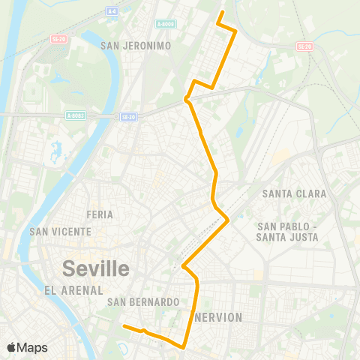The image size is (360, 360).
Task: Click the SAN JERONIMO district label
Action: click(136, 46)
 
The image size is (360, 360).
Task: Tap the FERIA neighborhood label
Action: click(100, 214)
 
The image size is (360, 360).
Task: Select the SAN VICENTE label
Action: click(60, 232)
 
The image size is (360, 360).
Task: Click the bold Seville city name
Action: click(96, 268)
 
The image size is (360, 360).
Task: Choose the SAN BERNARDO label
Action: click(142, 302)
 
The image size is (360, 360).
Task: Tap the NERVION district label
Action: click(218, 317)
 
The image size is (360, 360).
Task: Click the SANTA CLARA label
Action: click(294, 193)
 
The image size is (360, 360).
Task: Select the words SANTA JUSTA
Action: click(287, 237)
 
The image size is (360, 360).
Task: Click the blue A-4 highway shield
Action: click(112, 11)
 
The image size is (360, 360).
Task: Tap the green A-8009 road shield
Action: click(166, 24)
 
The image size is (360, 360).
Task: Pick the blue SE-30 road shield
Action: click(128, 116)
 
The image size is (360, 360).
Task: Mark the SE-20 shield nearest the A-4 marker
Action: click(58, 37)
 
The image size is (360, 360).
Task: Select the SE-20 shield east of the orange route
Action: click(304, 46)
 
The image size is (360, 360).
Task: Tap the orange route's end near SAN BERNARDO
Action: click(124, 325)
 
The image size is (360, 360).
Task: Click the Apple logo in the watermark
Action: click(11, 347)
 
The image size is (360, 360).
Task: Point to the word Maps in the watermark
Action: click(32, 347)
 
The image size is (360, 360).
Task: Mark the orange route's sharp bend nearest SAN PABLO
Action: click(228, 220)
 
